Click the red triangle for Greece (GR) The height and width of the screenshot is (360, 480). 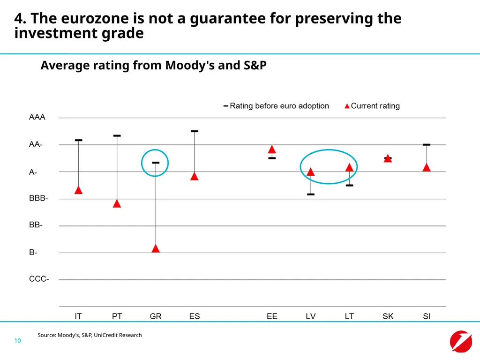156,248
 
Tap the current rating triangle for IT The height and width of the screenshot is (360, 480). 78,190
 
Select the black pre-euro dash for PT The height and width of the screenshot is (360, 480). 117,135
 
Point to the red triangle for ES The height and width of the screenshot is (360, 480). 195,176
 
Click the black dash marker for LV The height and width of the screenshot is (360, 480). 311,195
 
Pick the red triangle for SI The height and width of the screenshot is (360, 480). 427,167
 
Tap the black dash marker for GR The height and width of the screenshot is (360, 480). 156,163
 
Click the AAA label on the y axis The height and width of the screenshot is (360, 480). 37,117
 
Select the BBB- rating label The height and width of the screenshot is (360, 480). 38,198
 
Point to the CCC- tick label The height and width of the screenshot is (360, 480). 39,279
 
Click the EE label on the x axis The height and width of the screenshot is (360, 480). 272,316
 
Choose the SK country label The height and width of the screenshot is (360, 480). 388,316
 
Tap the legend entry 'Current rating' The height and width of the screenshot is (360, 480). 372,106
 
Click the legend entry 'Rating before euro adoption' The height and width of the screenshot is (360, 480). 276,106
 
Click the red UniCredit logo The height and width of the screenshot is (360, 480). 461,341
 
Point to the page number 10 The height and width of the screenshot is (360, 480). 17,340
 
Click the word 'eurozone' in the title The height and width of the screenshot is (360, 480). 95,18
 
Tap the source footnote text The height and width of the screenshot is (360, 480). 90,335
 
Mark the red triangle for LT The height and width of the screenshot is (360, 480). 349,167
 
